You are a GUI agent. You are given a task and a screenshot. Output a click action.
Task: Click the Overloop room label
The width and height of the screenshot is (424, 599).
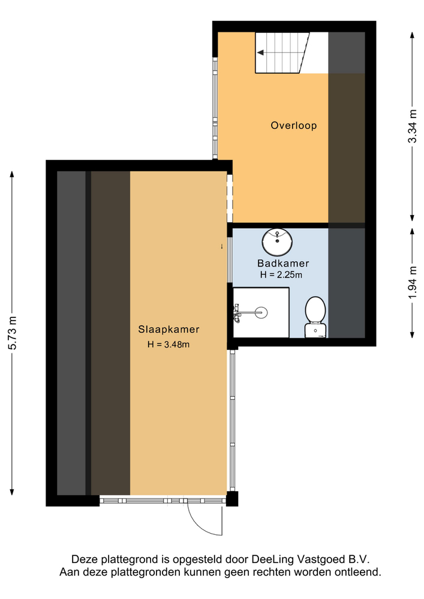[x=294, y=125]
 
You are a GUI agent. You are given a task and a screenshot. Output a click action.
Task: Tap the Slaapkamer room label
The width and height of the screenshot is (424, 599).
[x=169, y=329]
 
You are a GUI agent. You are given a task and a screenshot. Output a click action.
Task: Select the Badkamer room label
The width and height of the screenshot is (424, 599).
[x=283, y=263]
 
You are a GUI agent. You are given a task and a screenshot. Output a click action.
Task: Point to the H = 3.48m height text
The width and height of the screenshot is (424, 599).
[x=169, y=344]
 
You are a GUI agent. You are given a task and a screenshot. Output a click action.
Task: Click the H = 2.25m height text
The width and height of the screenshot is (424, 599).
[x=281, y=275]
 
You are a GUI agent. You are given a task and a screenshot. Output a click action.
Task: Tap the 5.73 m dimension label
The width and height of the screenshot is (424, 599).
[x=12, y=333]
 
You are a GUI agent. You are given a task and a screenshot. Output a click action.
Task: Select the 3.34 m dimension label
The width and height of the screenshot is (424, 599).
[x=412, y=126]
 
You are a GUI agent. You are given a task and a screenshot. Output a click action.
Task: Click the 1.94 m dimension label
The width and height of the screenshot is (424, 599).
[x=412, y=283]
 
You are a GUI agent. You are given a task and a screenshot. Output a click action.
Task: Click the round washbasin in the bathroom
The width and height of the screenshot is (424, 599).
[x=277, y=243]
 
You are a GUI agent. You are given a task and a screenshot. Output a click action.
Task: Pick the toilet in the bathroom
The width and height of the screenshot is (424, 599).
[x=315, y=317]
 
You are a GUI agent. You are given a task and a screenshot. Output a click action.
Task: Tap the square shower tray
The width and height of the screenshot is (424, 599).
[x=261, y=313]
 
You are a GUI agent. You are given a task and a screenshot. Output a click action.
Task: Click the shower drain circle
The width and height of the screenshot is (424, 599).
[x=261, y=312]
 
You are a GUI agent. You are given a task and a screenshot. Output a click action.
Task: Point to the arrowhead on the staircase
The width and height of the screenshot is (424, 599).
[x=261, y=53]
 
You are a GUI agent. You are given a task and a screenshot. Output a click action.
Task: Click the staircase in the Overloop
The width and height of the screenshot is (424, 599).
[x=282, y=53]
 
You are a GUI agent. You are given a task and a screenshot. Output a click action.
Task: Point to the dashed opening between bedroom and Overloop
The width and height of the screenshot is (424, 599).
[x=230, y=199]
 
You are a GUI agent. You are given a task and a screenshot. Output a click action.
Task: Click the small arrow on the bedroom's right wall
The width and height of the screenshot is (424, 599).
[x=222, y=246]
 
